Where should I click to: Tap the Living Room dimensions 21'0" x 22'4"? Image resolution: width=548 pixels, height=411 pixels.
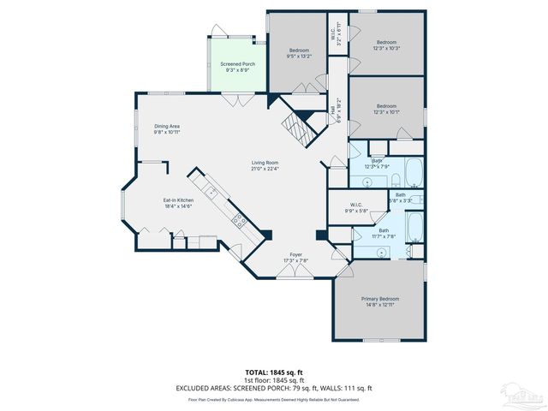point(265,169)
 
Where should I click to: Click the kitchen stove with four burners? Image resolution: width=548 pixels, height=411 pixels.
point(239,222)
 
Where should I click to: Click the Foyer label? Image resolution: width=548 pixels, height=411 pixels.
point(295,254)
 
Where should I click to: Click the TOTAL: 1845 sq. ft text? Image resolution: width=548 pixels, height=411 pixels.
point(274,372)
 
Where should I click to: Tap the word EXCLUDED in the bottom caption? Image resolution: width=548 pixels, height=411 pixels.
point(194,388)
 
